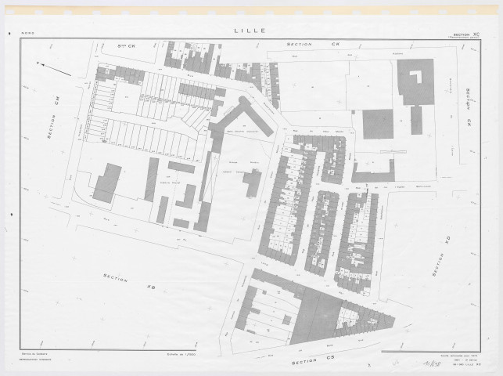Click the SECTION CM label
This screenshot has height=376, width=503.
[x=52, y=123]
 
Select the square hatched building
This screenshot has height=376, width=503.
[x=378, y=124]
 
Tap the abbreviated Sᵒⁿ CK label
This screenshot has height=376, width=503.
[x=124, y=48]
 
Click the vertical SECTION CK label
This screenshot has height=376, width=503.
[x=469, y=107]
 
